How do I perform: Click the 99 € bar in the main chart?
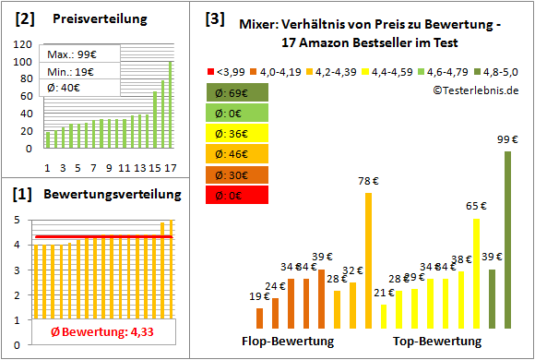(x=507, y=240)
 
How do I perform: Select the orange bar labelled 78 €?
(x=369, y=260)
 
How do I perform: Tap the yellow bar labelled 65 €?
(x=477, y=273)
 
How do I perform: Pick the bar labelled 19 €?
(x=260, y=318)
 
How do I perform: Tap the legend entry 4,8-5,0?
(x=500, y=69)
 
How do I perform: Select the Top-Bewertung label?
(x=436, y=342)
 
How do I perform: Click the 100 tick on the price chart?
(x=21, y=61)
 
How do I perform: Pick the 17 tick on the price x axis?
(x=170, y=167)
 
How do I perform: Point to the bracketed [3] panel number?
(x=214, y=18)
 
